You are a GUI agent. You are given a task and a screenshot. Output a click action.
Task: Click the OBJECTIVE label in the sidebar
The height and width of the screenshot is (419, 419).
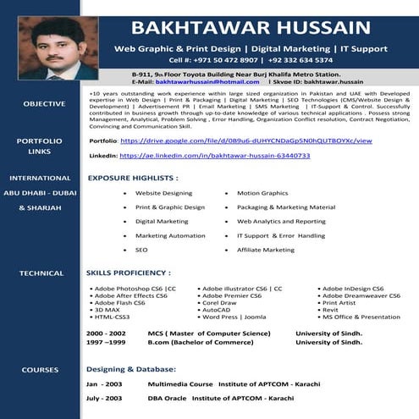(x=44, y=103)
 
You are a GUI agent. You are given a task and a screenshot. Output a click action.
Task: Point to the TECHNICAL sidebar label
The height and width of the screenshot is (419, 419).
(x=41, y=273)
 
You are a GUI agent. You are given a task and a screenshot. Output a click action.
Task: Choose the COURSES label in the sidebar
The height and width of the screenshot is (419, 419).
(x=40, y=370)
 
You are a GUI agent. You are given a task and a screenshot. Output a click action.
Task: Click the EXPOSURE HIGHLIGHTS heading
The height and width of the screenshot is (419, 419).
(x=133, y=179)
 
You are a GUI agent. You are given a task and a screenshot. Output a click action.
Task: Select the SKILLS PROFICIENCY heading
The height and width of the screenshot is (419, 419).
(x=129, y=273)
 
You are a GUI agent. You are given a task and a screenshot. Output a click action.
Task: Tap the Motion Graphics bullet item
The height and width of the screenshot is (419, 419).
(x=262, y=193)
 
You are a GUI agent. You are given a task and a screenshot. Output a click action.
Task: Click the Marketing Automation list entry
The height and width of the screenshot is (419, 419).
(x=170, y=236)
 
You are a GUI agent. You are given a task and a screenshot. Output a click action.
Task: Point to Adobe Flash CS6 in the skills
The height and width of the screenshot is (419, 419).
(x=120, y=302)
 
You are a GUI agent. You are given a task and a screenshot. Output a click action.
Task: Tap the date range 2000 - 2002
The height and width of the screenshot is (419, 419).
(x=106, y=334)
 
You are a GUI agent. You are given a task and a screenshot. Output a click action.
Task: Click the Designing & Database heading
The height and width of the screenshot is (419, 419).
(x=132, y=370)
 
